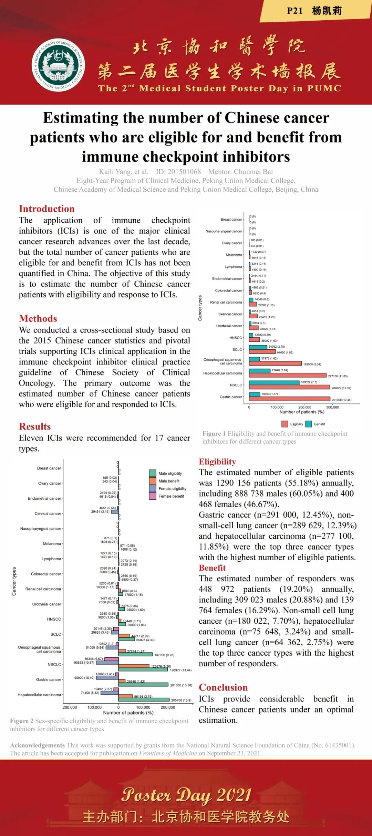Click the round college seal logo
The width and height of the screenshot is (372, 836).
click(x=58, y=65)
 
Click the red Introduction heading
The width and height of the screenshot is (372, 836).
click(x=46, y=209)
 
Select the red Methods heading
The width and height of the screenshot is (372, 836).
click(x=38, y=318)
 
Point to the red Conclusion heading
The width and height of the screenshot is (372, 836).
click(x=223, y=687)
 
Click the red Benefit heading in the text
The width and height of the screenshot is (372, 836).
click(x=212, y=568)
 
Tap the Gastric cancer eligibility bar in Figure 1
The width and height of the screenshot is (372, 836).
click(x=289, y=399)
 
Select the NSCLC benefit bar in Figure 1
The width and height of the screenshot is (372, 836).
click(x=274, y=382)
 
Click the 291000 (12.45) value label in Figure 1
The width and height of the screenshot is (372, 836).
click(x=341, y=400)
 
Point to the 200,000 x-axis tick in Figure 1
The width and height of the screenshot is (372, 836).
click(x=304, y=407)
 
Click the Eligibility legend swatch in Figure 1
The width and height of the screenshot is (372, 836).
click(x=285, y=424)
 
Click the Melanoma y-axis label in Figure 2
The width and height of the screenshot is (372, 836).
click(x=52, y=544)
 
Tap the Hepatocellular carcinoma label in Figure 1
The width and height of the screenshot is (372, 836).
click(x=222, y=373)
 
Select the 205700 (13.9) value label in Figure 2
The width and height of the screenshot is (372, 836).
click(x=181, y=700)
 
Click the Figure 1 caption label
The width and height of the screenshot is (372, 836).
click(x=214, y=434)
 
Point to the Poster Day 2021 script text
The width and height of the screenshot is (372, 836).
click(x=186, y=795)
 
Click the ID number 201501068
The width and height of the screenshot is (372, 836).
click(x=178, y=171)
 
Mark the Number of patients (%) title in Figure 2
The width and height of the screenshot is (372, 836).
click(x=128, y=712)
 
